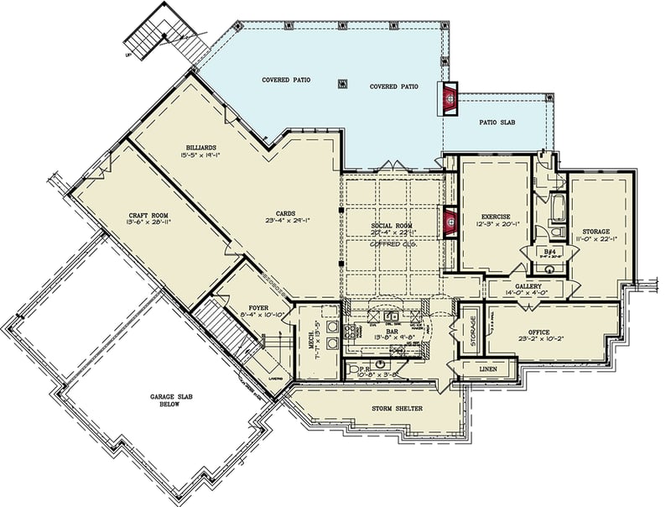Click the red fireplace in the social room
point(450,223)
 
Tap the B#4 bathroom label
point(548,250)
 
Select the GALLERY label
point(528,286)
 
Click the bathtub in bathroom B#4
point(557,205)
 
